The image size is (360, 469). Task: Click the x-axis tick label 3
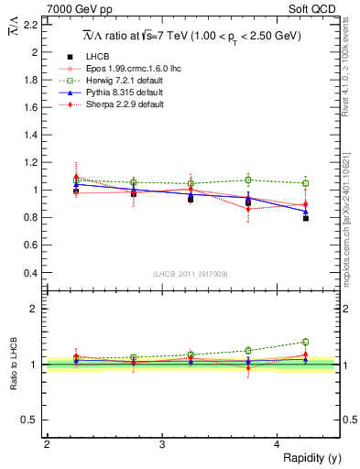coord(162,443)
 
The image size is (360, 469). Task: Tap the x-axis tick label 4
coord(278,443)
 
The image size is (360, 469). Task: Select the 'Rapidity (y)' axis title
coord(311,457)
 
